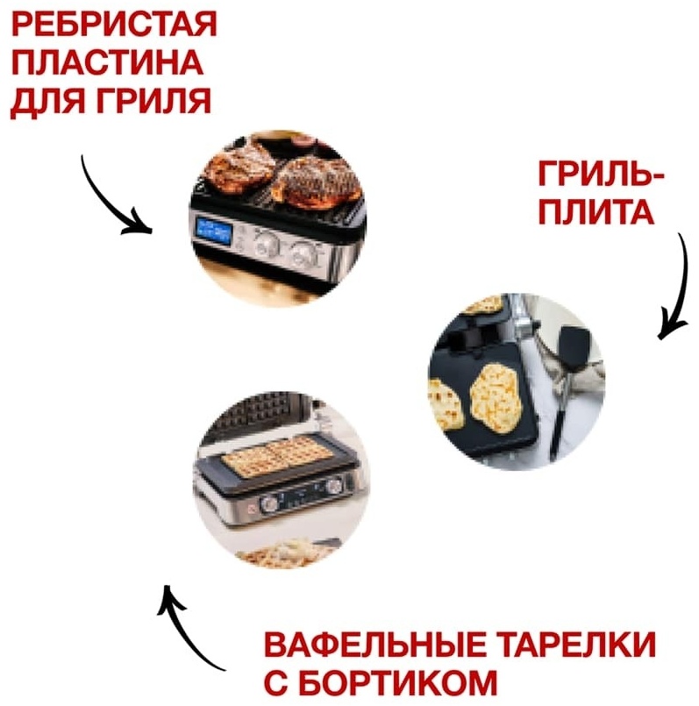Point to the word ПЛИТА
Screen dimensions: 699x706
(x=596, y=211)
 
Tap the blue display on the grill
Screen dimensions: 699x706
(x=214, y=232)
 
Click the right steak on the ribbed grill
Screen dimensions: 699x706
(x=318, y=182)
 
